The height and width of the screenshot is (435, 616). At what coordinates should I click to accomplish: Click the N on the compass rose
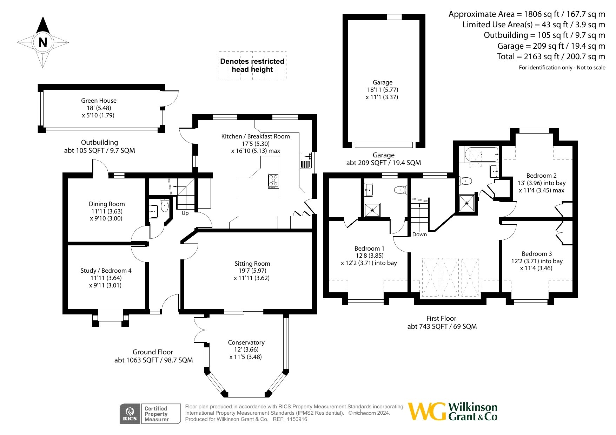(x=43, y=42)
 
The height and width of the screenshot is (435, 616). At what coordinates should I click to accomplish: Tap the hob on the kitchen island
(x=273, y=181)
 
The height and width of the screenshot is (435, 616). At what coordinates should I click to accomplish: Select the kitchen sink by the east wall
(x=305, y=160)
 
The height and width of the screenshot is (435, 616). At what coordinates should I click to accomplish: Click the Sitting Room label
(x=252, y=264)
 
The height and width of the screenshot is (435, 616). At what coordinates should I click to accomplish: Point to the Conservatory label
(x=246, y=342)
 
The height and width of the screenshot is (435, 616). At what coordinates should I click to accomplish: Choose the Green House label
(x=99, y=101)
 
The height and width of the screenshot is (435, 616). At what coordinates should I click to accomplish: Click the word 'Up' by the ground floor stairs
(x=185, y=213)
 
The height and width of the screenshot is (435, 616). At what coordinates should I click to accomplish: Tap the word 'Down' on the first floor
(x=419, y=235)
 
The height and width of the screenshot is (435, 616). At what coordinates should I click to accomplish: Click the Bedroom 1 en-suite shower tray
(x=372, y=210)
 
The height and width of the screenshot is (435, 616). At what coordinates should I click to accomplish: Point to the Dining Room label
(x=107, y=204)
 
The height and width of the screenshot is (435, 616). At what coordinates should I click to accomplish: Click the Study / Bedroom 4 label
(x=106, y=271)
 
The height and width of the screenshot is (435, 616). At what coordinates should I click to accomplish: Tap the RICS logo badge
(x=130, y=414)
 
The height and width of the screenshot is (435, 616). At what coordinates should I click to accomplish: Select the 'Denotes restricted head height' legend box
(x=252, y=66)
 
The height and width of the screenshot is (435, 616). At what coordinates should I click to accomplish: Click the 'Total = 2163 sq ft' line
(x=551, y=56)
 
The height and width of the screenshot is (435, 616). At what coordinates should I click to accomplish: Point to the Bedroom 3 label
(x=537, y=254)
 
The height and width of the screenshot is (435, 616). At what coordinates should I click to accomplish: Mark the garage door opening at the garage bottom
(x=384, y=145)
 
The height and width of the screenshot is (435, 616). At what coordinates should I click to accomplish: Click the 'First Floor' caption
(x=441, y=318)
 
